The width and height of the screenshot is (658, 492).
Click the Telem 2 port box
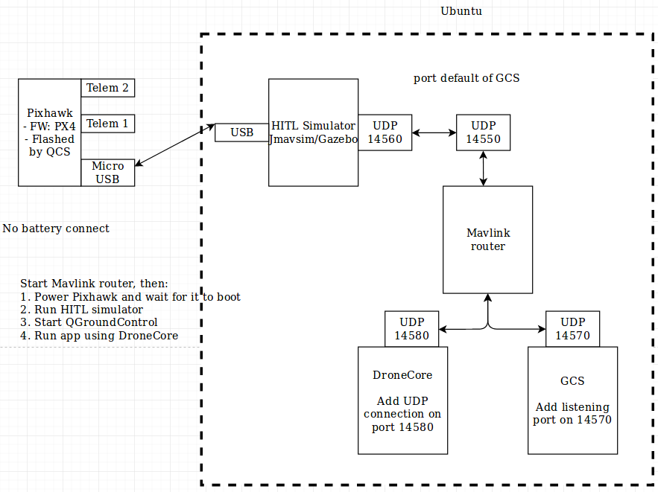[x=107, y=88]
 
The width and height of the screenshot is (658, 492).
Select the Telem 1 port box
[x=107, y=124]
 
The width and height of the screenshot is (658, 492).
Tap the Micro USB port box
[x=107, y=172]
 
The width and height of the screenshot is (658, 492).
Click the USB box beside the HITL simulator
[x=241, y=132]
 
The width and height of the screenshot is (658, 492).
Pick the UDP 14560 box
[x=385, y=132]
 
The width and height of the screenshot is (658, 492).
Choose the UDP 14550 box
[x=483, y=132]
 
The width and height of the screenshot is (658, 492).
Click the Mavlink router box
[x=487, y=240]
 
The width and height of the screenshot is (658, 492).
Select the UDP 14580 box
[x=411, y=329]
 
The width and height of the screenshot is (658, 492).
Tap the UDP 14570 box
[x=572, y=329]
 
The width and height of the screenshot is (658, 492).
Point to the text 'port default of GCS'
[x=466, y=78]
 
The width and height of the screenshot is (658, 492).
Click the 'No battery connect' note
[x=56, y=229]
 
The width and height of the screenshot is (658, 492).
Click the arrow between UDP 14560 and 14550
[x=434, y=132]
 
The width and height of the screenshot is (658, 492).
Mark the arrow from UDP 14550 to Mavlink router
[x=484, y=168]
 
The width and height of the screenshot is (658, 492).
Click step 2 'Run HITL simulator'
[x=82, y=310]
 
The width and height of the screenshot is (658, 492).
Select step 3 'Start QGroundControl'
[x=89, y=322]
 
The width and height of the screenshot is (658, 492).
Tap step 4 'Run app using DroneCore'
[x=99, y=336]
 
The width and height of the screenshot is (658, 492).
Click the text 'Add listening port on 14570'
[x=572, y=413]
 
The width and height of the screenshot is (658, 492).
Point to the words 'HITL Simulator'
[x=313, y=126]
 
